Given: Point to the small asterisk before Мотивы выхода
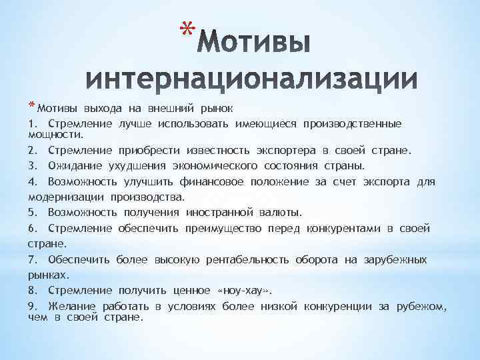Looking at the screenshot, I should [x=32, y=105].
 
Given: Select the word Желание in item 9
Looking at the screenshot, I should [x=72, y=307].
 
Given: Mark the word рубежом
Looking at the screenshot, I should [x=421, y=307].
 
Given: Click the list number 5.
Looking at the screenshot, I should [x=33, y=213].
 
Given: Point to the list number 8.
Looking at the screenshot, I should [x=33, y=291].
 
